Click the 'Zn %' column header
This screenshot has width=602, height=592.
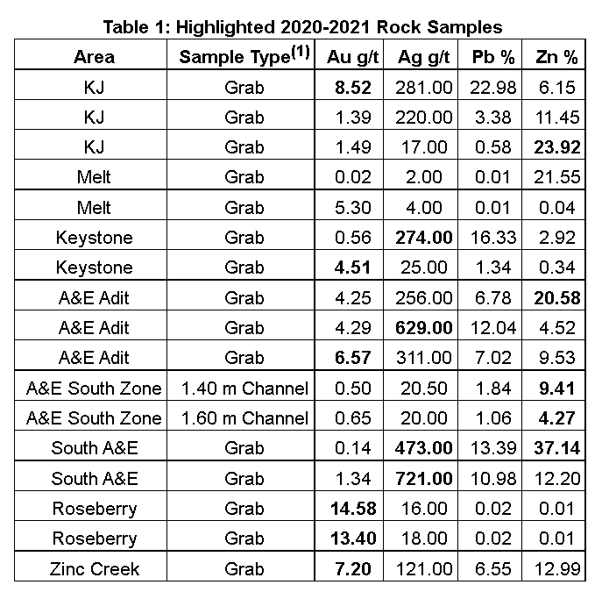(x=557, y=58)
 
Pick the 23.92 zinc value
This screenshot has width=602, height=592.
(x=557, y=147)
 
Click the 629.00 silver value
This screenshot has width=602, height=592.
(x=424, y=328)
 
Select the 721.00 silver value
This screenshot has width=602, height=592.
(x=424, y=478)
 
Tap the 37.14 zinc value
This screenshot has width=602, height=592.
(x=557, y=448)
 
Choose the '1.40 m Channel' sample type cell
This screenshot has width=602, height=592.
(x=244, y=389)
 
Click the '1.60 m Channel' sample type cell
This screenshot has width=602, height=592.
(x=244, y=418)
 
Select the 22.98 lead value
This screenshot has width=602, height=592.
(x=496, y=88)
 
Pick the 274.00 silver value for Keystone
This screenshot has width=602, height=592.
(x=424, y=238)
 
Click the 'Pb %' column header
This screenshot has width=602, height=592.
(x=496, y=58)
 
